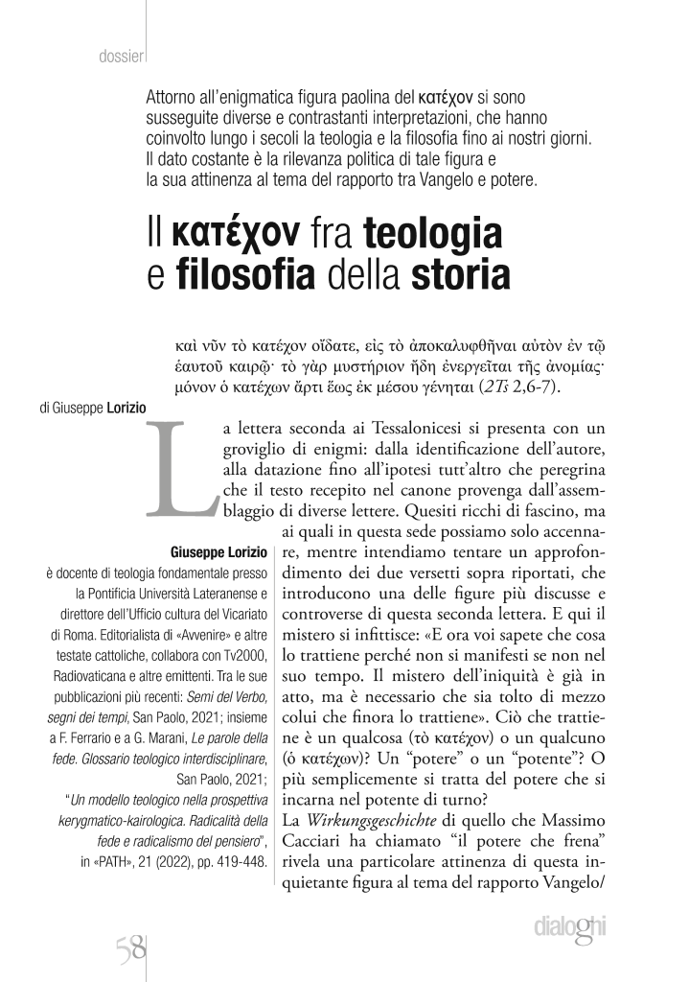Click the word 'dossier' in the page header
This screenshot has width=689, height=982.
[120, 55]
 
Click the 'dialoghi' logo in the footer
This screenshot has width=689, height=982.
[573, 928]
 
